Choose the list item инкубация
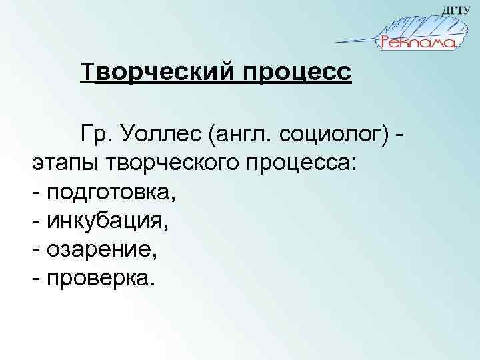(x=107, y=221)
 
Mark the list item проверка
(x=100, y=277)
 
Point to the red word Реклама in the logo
(x=418, y=43)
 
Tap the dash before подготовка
(x=35, y=193)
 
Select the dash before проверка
(x=35, y=277)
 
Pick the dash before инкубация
(x=35, y=221)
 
